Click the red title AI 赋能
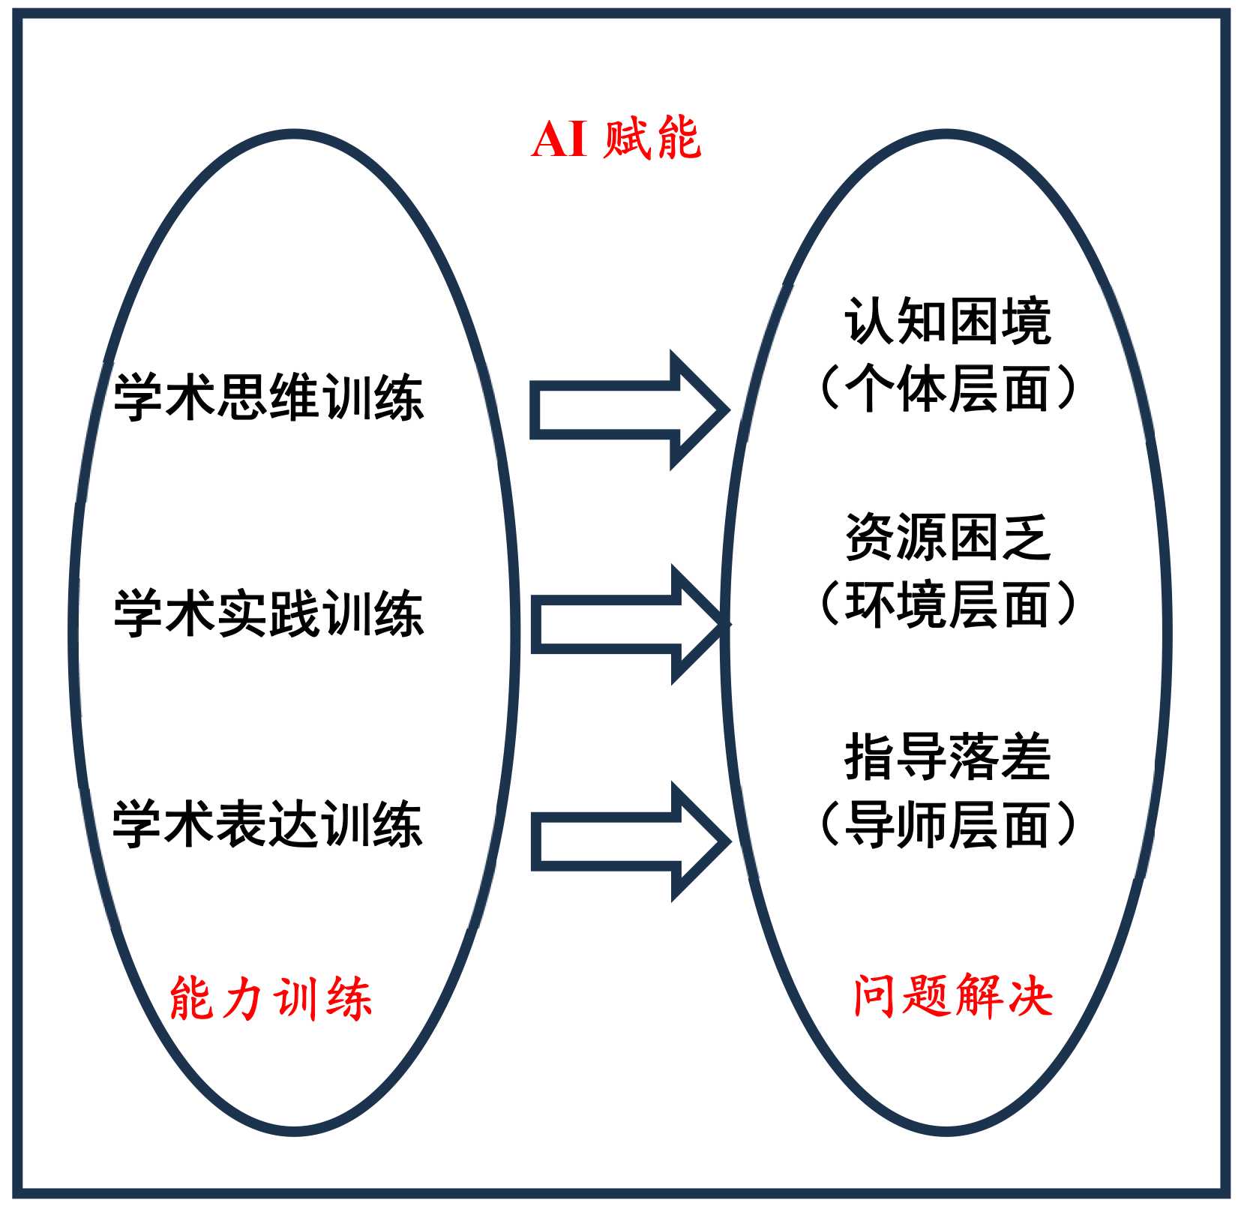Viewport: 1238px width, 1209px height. point(616,139)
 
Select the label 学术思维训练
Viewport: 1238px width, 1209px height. point(268,397)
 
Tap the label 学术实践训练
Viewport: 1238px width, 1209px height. point(268,613)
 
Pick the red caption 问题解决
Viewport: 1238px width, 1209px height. point(952,996)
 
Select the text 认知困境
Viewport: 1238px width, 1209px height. point(947,321)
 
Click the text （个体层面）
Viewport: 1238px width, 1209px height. point(947,388)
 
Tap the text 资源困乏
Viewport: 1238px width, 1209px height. point(947,537)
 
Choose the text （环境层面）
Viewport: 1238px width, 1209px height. point(947,604)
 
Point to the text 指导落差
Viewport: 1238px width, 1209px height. point(947,757)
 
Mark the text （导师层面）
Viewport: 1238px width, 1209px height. point(947,824)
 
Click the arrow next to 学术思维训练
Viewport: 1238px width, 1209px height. point(626,410)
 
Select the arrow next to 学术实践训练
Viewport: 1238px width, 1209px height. point(626,624)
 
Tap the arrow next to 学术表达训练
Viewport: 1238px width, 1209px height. point(626,841)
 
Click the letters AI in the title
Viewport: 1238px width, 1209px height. point(559,139)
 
